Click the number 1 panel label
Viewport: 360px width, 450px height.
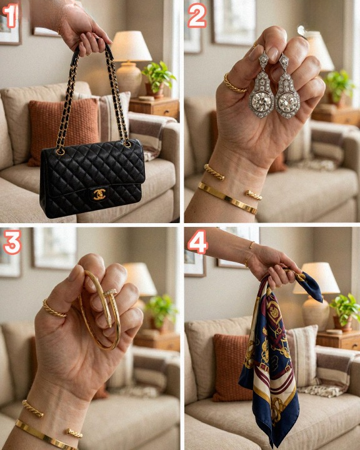(x=10, y=16)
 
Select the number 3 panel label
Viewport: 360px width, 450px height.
(x=12, y=242)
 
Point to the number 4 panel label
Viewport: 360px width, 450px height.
(x=197, y=242)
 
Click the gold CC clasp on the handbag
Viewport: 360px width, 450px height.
(x=99, y=194)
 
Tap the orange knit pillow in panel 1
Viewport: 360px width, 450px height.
(x=64, y=132)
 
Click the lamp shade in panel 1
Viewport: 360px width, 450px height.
(x=131, y=46)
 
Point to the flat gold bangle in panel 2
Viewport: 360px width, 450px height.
(x=227, y=197)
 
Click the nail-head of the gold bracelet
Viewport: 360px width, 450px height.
(x=110, y=292)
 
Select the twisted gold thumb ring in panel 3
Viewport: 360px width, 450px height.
(x=54, y=310)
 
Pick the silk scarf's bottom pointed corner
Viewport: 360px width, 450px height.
(x=275, y=446)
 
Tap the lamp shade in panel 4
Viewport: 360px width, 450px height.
(x=316, y=277)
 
